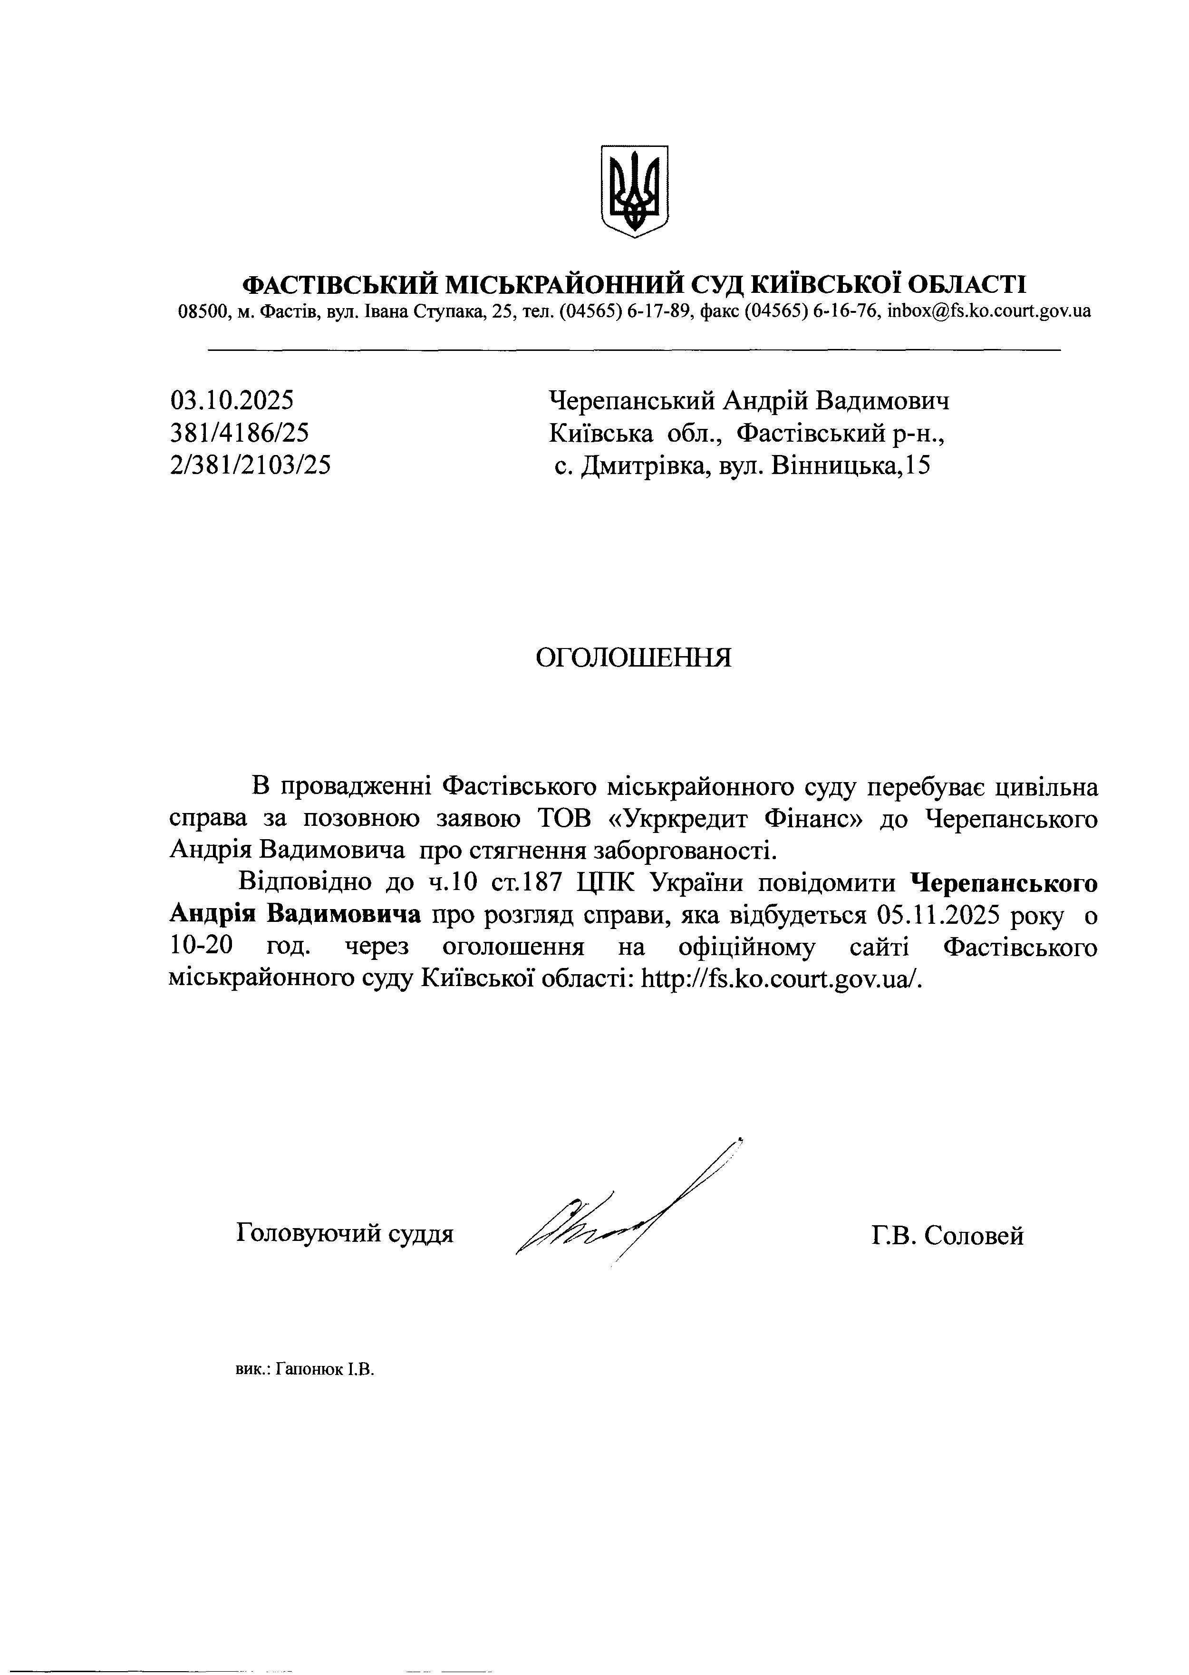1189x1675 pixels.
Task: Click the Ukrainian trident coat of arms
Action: point(634,190)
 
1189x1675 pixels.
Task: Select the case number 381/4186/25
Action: point(240,434)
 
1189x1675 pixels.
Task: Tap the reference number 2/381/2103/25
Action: point(250,465)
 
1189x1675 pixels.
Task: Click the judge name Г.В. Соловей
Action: point(947,1236)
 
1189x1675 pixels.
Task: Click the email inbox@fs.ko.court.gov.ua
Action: point(988,311)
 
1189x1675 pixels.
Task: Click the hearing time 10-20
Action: point(202,947)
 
